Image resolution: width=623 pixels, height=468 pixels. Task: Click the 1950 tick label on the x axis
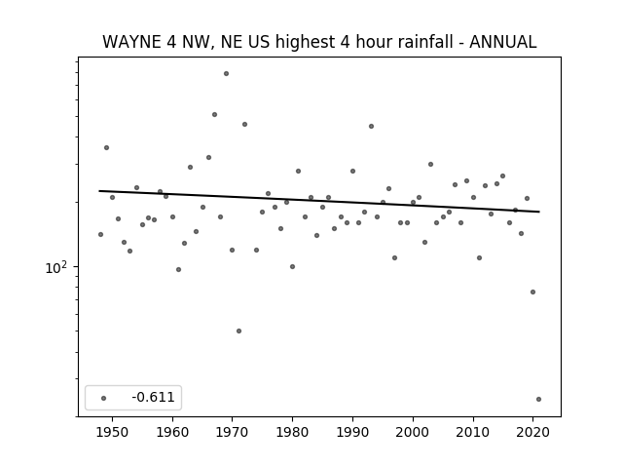pos(113,432)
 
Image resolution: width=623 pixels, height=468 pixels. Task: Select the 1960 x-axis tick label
pos(172,432)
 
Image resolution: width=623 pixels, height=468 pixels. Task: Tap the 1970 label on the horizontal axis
pos(233,432)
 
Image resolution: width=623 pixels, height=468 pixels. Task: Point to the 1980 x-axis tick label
pos(292,432)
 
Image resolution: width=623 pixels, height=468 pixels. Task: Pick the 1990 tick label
pos(352,432)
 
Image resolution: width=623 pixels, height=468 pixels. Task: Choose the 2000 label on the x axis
pos(413,432)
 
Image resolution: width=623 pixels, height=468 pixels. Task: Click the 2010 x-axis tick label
pos(473,432)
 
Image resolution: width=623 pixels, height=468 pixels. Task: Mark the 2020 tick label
pos(532,432)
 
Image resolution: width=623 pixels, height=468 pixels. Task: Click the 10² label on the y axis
pos(56,268)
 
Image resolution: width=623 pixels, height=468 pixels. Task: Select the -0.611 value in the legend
pos(154,397)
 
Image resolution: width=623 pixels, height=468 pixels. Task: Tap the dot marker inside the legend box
pos(104,398)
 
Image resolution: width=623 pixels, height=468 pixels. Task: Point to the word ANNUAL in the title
pos(503,42)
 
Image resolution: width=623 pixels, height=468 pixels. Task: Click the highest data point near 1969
pos(226,74)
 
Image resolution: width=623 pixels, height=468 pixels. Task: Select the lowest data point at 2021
pos(538,399)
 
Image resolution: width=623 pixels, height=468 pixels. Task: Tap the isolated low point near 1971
pos(238,331)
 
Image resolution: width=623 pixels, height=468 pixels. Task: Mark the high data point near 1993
pos(371,126)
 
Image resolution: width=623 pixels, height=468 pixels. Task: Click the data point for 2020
pos(532,292)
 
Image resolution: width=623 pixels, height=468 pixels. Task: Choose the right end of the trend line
pos(539,212)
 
